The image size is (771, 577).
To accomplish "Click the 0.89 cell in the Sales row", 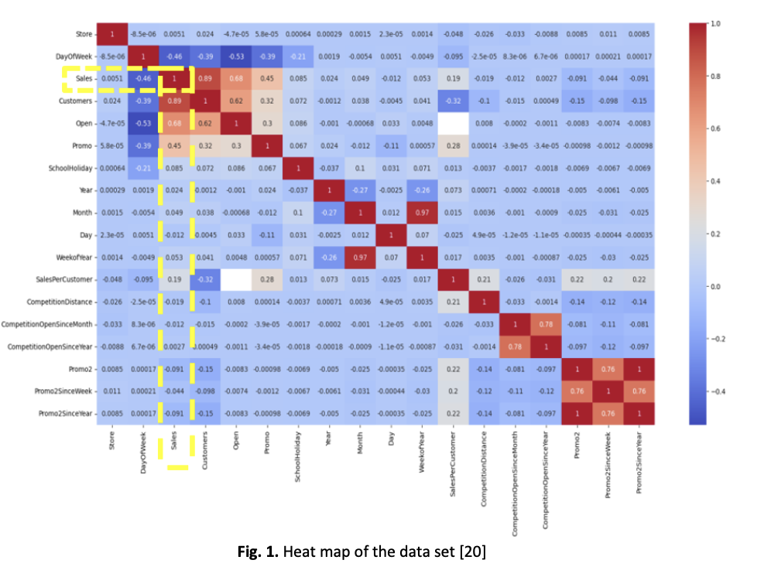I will click(x=205, y=78).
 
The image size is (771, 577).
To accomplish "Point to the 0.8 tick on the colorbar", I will click(x=713, y=77).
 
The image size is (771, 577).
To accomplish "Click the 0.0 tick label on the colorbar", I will click(x=714, y=286).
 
